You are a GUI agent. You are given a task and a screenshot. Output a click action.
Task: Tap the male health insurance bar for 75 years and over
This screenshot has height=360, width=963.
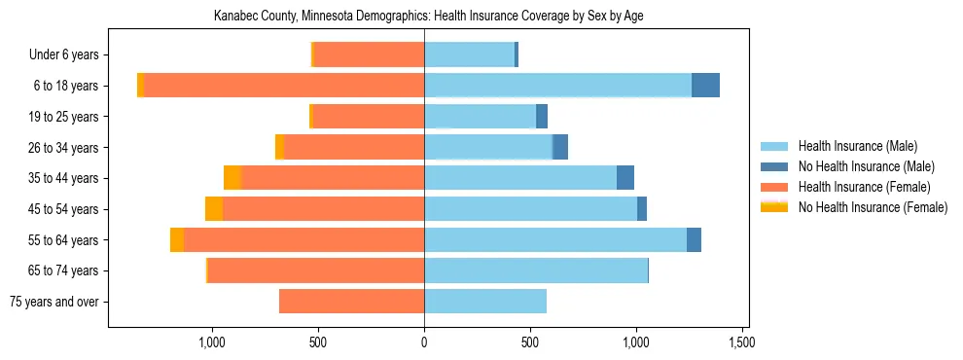click(485, 302)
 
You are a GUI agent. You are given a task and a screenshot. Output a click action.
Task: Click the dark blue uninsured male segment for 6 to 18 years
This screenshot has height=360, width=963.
click(705, 86)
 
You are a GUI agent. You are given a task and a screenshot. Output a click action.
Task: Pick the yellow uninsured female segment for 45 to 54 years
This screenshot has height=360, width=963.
click(214, 209)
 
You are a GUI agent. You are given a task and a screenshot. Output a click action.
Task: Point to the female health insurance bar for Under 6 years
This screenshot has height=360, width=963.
click(369, 54)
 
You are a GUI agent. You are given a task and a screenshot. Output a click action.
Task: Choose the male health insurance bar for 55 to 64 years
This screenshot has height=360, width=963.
click(555, 240)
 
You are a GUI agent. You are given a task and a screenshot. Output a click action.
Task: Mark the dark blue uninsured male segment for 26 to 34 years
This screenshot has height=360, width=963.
click(560, 147)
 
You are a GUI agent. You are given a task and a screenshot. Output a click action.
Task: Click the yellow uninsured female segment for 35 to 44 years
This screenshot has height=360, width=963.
click(232, 178)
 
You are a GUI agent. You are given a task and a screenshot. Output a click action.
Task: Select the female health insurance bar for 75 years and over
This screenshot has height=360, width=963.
click(351, 302)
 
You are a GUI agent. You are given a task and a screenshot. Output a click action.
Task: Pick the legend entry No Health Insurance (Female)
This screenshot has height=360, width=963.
click(873, 206)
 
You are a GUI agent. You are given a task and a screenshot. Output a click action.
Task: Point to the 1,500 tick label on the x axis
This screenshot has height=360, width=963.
click(742, 342)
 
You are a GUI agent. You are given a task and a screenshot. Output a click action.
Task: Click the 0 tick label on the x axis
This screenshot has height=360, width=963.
click(424, 342)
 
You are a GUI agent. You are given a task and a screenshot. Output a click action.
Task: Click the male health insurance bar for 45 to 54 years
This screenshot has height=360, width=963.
click(530, 209)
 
